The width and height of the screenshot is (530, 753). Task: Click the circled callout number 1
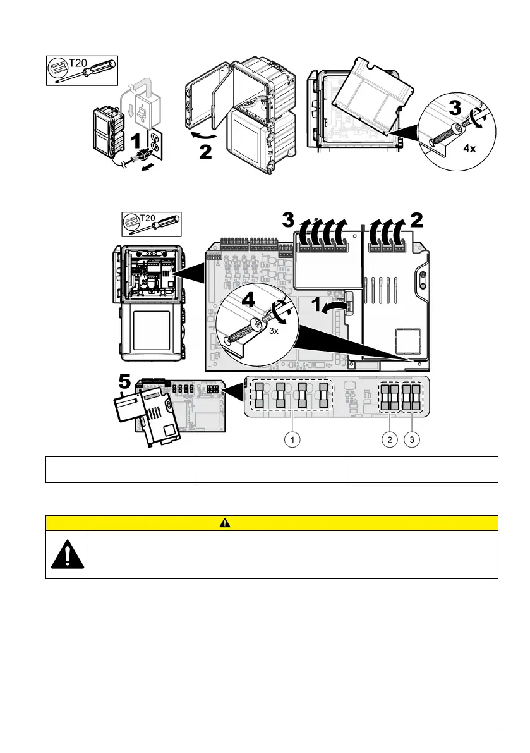(x=291, y=441)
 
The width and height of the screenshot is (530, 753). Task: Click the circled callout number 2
(x=390, y=441)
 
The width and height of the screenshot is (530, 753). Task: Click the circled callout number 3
(x=412, y=441)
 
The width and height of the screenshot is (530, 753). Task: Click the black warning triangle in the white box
(x=66, y=554)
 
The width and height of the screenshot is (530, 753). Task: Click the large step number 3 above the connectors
(x=287, y=221)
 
